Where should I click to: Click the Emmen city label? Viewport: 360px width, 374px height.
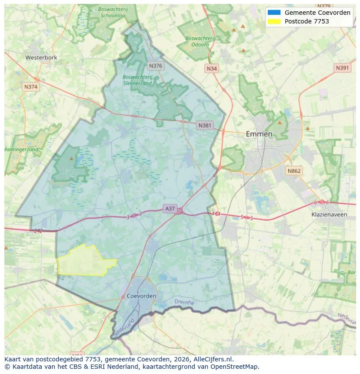point(259,134)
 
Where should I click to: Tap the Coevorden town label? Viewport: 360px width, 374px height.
point(142,296)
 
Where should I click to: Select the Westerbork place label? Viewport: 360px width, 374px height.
point(41,57)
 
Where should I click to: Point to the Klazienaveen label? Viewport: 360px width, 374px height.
point(329,215)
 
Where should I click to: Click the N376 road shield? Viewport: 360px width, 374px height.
point(155,66)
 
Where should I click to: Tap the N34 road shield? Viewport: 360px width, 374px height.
point(212,69)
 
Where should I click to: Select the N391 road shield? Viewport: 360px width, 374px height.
point(343,68)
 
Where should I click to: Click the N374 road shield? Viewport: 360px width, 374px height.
point(31,86)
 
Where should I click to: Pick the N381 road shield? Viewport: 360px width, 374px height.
point(205,126)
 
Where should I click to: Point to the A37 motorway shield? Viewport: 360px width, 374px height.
point(170,209)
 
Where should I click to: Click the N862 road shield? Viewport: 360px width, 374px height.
point(294,171)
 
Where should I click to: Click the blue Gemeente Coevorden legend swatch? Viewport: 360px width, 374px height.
point(274,13)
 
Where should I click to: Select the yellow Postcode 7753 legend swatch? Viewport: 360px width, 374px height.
point(274,21)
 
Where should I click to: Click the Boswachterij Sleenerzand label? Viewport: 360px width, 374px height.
point(137,80)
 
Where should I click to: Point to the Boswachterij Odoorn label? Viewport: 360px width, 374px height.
point(200,41)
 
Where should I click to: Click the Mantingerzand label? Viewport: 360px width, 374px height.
point(21,149)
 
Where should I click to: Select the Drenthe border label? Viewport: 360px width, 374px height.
point(184,301)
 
